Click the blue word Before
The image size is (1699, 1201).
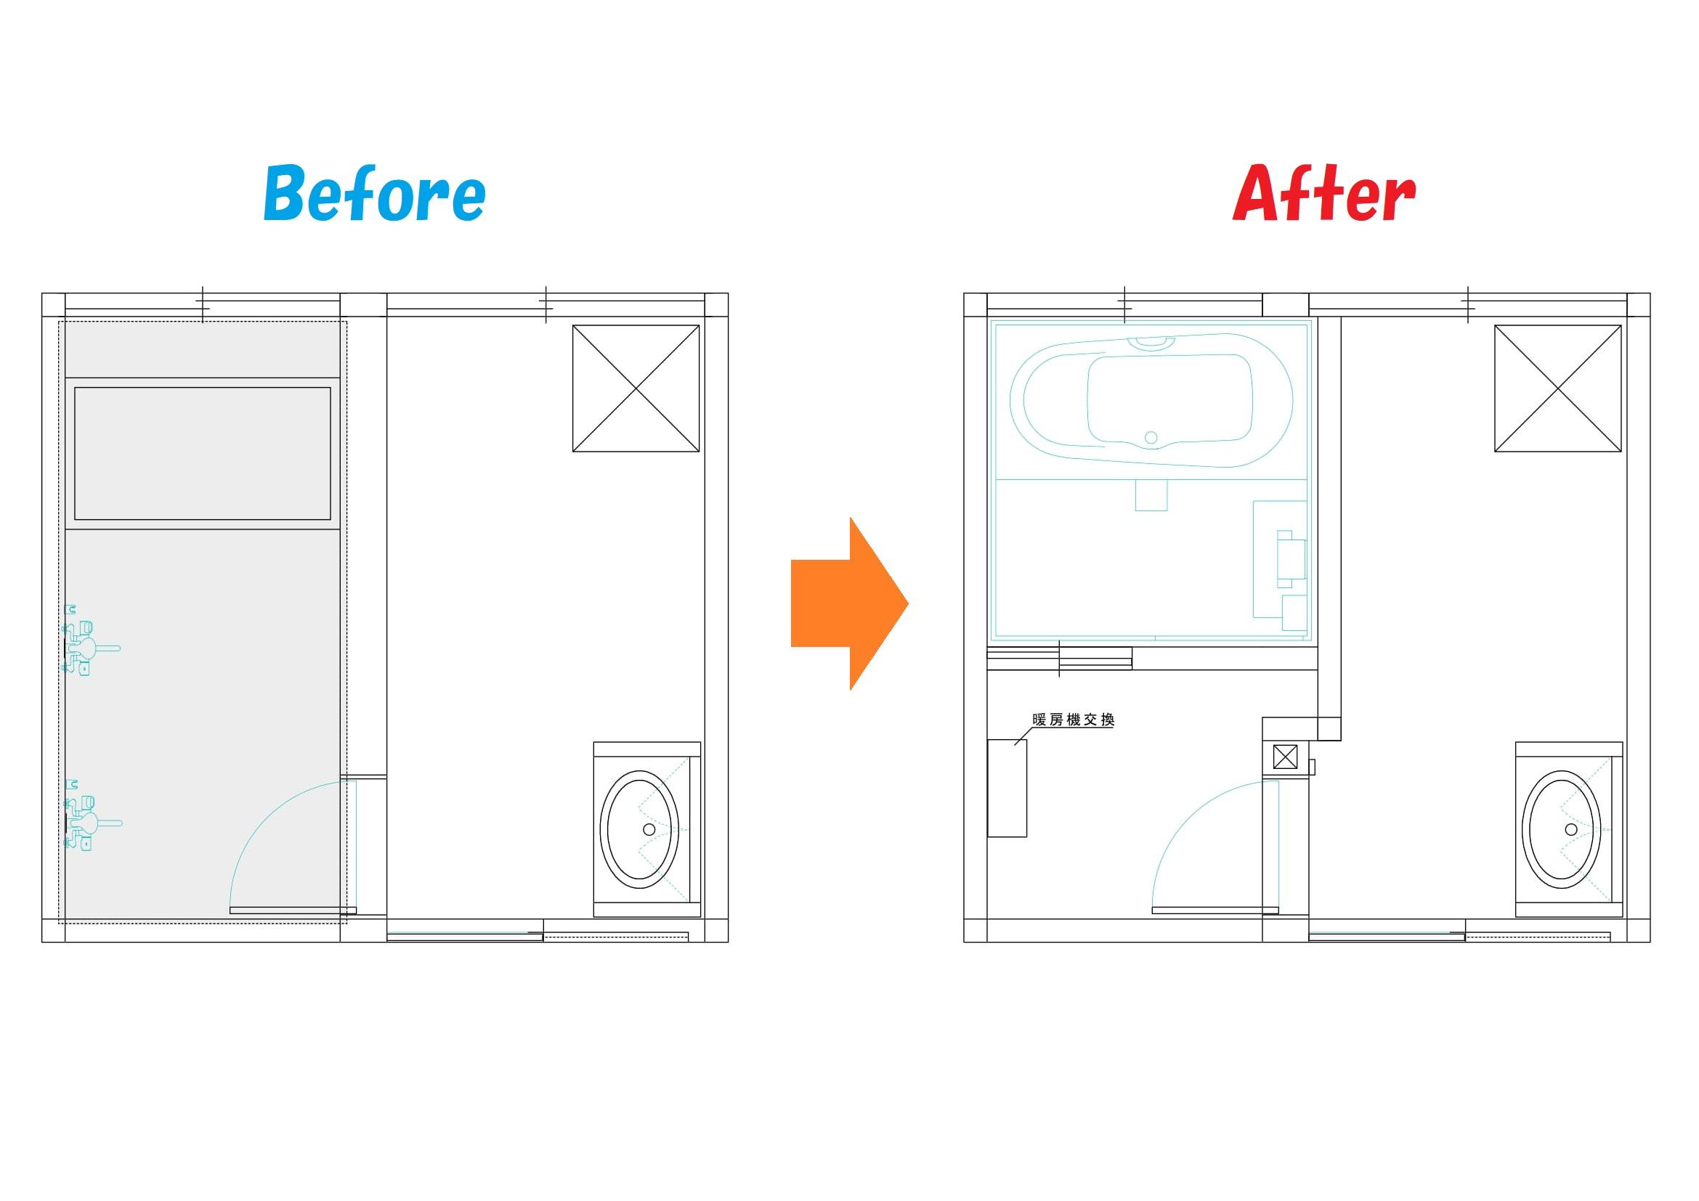point(374,194)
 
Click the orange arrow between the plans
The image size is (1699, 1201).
point(850,603)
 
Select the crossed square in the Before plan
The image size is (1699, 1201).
point(636,388)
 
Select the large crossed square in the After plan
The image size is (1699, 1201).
point(1557,388)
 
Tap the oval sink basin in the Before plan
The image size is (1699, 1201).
point(638,829)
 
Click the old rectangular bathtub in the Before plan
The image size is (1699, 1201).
point(202,453)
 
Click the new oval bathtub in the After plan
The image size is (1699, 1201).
point(1151,400)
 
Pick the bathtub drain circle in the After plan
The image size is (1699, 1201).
point(1151,438)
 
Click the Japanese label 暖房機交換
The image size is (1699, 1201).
point(1073,720)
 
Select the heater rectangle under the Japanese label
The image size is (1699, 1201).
point(1007,789)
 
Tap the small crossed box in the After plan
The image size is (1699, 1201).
point(1286,757)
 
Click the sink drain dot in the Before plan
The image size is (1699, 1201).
point(649,829)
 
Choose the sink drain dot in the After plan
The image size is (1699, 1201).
point(1571,829)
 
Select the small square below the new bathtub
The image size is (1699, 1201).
point(1151,494)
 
